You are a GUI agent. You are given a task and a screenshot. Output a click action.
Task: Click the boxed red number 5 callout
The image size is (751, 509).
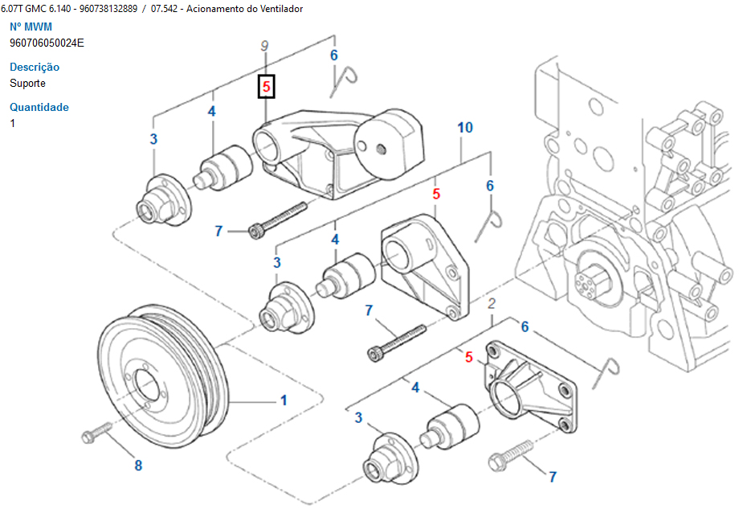(x=266, y=86)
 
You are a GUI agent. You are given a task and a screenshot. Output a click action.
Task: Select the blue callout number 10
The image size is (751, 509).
(x=465, y=127)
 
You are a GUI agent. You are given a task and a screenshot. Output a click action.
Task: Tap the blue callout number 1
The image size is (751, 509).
(x=284, y=400)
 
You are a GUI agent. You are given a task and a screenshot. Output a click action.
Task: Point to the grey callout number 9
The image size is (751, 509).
(x=265, y=47)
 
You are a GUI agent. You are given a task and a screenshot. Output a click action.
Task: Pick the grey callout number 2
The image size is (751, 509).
(x=492, y=303)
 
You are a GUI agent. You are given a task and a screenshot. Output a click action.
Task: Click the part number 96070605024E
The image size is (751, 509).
(x=47, y=43)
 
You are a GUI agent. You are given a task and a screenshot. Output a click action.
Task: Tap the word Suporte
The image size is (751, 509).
(x=27, y=83)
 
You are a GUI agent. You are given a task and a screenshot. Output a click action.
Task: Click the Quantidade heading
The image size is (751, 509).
(x=39, y=107)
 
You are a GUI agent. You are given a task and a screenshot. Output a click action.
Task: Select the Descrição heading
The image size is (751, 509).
(x=35, y=67)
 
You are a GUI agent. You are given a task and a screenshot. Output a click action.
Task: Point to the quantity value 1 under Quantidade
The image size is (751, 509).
(x=13, y=123)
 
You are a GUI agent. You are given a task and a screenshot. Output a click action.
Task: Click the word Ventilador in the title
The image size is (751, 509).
(x=277, y=8)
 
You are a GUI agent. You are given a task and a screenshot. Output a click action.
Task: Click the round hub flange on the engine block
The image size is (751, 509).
(x=594, y=281)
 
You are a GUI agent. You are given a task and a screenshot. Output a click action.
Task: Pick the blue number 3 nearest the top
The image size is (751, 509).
(x=153, y=139)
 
